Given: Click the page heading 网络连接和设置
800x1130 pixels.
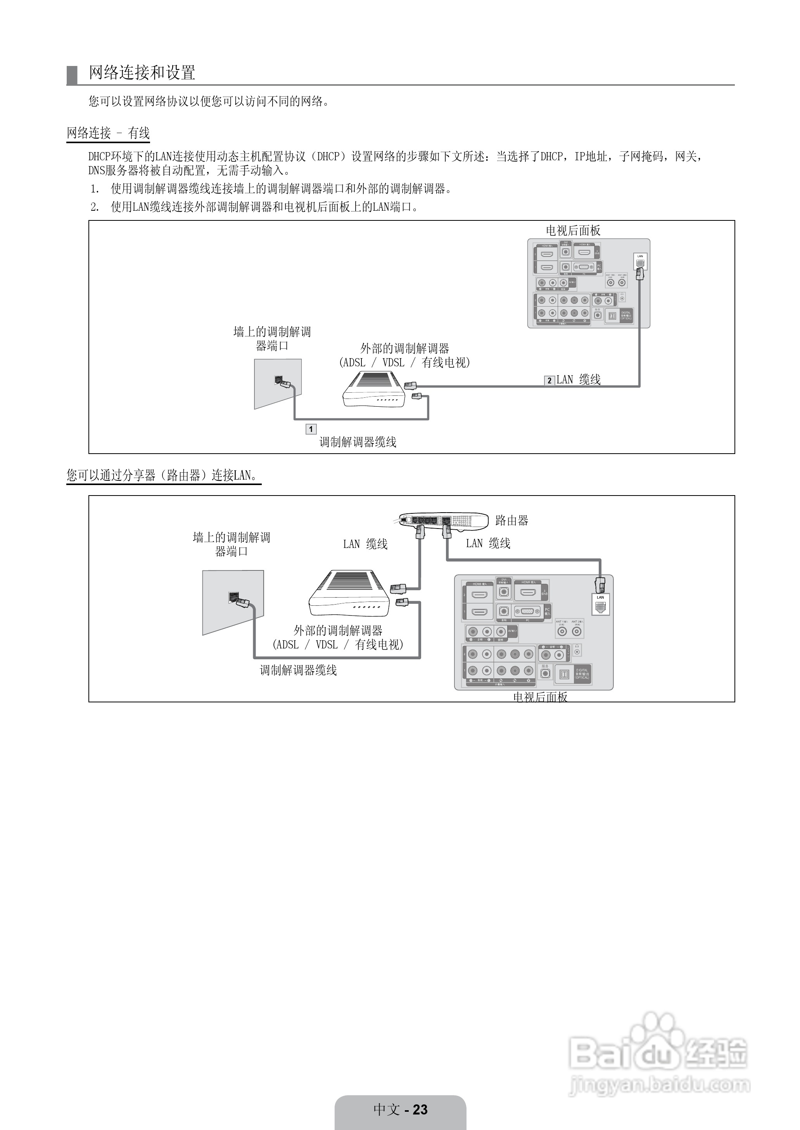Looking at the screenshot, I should pos(142,73).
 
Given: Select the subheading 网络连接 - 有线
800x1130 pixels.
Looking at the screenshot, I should pos(108,133).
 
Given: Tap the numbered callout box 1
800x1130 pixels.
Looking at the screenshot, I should pos(311,429).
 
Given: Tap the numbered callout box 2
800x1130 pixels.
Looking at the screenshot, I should pos(549,380).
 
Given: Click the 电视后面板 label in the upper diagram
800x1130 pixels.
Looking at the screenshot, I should pos(573,231).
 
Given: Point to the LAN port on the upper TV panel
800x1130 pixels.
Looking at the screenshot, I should pos(640,262).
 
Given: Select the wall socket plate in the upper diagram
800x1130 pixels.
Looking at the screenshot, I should pos(277,383).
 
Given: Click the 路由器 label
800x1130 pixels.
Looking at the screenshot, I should pos(511,520).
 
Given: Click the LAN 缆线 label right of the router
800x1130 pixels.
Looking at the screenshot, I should pos(488,544).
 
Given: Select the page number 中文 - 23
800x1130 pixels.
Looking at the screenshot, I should pos(400,1109).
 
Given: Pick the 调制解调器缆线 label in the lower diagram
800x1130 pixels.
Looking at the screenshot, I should pos(298,670).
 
